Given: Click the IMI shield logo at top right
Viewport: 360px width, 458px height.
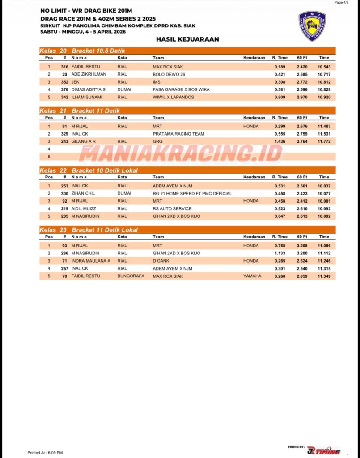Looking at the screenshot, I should coord(312,26).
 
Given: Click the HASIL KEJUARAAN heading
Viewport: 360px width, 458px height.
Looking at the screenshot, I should coord(187,39).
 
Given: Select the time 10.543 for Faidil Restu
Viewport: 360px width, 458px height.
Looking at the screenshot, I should coord(324,67).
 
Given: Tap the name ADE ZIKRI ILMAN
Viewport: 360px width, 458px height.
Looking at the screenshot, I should coord(89,74).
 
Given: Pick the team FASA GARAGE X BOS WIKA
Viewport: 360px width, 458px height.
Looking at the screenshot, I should coord(181,89).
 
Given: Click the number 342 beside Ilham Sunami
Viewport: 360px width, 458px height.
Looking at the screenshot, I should coord(64,97).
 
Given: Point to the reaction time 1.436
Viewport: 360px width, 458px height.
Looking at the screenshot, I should coord(280,141).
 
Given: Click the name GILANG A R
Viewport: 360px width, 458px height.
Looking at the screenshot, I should coord(84,141).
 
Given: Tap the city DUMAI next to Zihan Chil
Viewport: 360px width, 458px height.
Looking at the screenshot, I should coord(124,194).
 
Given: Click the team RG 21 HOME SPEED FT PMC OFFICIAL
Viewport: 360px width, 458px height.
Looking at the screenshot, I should coord(192,194).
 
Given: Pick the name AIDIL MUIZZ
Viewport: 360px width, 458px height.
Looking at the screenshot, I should coord(84,209).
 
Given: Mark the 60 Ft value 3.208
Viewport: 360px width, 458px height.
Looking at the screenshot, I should coord(302,246).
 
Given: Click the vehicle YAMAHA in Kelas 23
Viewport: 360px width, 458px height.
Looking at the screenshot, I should coord(252,276).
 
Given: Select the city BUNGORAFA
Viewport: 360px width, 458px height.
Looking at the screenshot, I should coord(131,276).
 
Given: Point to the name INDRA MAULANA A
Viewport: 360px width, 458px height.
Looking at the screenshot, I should coord(91,261).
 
